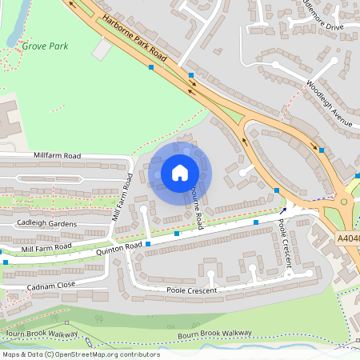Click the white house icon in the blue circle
(180, 173)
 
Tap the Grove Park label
(45, 46)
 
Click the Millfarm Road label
(58, 154)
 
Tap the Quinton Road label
(120, 246)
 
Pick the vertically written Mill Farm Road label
(122, 197)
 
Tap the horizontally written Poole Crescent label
(191, 290)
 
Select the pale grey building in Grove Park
(102, 50)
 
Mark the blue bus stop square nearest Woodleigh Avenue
(322, 150)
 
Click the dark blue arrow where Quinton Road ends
(282, 211)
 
